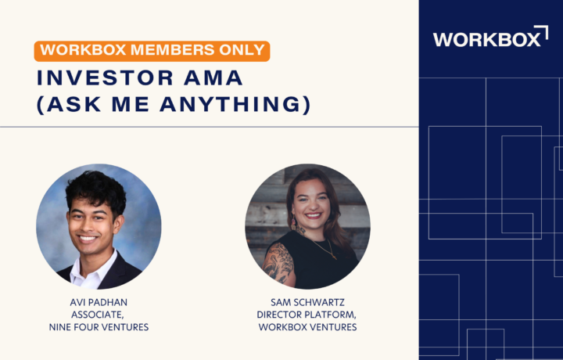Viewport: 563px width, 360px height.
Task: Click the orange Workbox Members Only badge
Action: point(152,51)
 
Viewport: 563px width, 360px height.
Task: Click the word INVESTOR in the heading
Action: point(106,78)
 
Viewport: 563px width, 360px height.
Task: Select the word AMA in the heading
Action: point(213,78)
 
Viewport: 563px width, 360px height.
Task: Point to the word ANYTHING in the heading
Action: point(235,104)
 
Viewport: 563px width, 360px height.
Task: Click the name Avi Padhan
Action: point(99,302)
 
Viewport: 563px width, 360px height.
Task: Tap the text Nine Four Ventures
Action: point(99,327)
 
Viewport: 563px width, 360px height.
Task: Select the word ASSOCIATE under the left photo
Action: point(97,315)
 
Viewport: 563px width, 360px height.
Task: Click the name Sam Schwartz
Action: point(307,302)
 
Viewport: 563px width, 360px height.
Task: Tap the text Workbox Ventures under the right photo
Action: point(307,327)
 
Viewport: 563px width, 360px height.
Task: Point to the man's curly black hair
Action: point(96,191)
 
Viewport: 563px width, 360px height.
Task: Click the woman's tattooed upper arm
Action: point(278,263)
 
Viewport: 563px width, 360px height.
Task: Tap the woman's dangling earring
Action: point(294,224)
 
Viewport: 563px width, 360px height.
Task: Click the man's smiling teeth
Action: point(88,237)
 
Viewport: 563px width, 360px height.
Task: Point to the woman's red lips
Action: point(313,215)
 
